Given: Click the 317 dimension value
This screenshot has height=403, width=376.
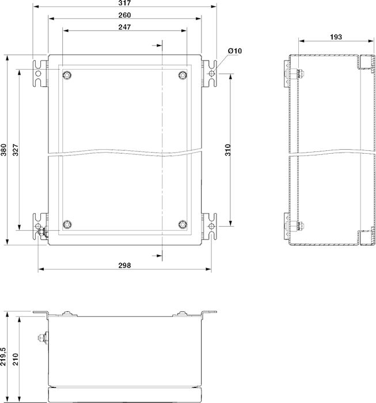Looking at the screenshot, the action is click(x=124, y=3).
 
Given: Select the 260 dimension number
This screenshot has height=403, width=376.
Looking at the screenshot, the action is click(x=124, y=15).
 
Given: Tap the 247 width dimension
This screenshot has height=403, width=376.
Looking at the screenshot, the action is click(x=124, y=27).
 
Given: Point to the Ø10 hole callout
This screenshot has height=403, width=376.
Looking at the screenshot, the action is click(x=235, y=51).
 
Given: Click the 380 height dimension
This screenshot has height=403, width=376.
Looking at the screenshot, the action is click(x=3, y=150).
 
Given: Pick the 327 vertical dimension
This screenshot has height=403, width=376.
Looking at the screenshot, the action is click(x=16, y=150).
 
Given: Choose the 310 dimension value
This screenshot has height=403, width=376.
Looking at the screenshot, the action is click(x=227, y=150).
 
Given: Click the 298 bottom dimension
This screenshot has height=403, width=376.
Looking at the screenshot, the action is click(x=124, y=265).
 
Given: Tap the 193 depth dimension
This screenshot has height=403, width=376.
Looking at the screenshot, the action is click(x=336, y=37).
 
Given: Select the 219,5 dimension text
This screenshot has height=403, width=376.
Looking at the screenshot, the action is click(x=3, y=356).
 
